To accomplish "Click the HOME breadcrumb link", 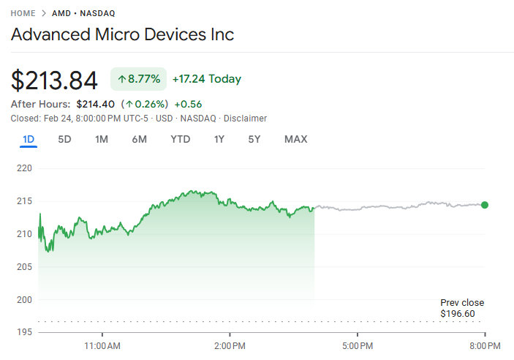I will click(23, 13).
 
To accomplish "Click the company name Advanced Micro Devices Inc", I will click(122, 35).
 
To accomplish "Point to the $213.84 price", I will click(54, 80).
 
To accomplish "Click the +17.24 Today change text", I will click(206, 79).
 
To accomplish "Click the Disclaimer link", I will click(245, 119).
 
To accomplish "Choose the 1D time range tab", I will click(29, 139).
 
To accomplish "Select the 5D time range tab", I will click(64, 139).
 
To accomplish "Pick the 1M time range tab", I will click(102, 139).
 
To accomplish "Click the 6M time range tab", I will click(139, 139).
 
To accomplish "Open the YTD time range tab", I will click(180, 139).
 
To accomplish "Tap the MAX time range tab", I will click(295, 139).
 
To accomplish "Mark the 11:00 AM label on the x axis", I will click(103, 345).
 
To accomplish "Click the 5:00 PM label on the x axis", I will click(358, 345).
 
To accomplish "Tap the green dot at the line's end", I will click(485, 205).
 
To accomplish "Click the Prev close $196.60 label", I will click(461, 308).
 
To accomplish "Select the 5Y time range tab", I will click(254, 139).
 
